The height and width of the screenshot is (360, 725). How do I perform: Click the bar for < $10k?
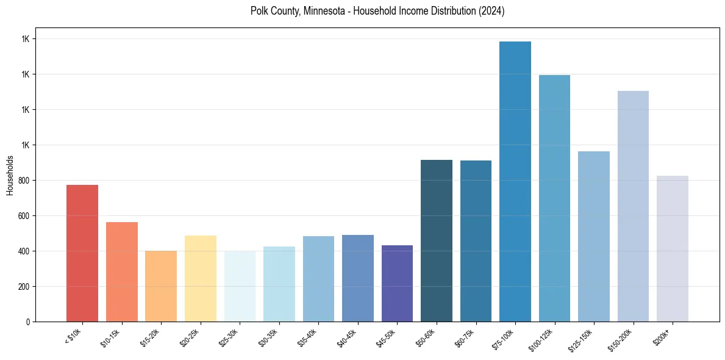pyautogui.click(x=82, y=253)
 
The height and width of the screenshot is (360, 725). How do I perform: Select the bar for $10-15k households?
pyautogui.click(x=121, y=272)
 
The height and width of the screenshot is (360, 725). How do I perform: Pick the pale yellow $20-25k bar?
pyautogui.click(x=200, y=278)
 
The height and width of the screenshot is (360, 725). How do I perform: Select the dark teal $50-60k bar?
pyautogui.click(x=437, y=240)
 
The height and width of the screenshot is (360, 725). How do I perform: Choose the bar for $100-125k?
pyautogui.click(x=554, y=198)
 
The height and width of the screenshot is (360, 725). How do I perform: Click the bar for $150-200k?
pyautogui.click(x=633, y=206)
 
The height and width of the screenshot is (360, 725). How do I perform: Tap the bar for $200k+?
pyautogui.click(x=673, y=248)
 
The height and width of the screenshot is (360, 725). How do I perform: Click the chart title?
pyautogui.click(x=377, y=11)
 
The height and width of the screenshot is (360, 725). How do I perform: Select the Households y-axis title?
pyautogui.click(x=10, y=175)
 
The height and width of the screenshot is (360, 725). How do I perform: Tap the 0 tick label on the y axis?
pyautogui.click(x=28, y=322)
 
